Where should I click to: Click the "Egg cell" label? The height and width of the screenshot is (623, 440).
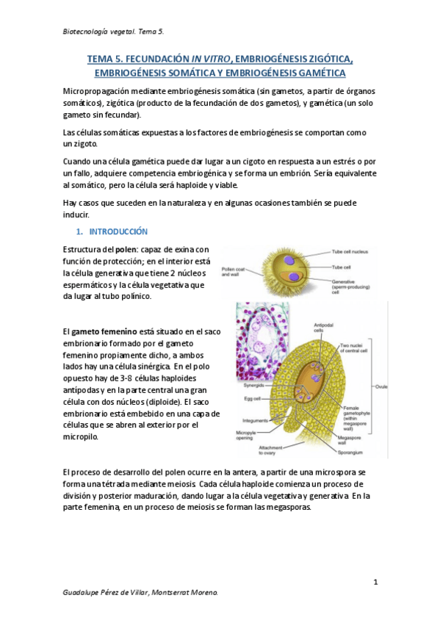tap(253, 400)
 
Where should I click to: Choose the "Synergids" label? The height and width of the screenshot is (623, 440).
tap(255, 385)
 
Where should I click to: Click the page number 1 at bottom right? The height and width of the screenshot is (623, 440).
tap(375, 583)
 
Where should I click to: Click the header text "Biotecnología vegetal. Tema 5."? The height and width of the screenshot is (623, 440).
tap(114, 32)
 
